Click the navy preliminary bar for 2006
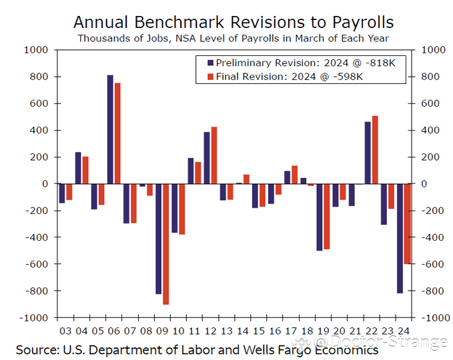coord(110,129)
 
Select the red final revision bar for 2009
coord(166,244)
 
